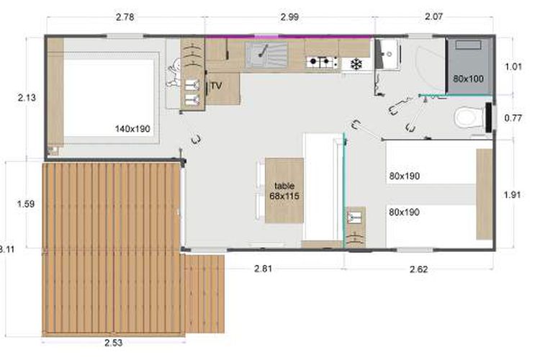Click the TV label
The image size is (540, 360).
tap(216, 86)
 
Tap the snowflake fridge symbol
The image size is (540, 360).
tap(356, 64)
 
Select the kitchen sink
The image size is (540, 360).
tap(266, 55)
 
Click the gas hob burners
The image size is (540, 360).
tap(323, 62)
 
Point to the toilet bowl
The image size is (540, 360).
tap(469, 117)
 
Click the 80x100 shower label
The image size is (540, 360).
tap(469, 78)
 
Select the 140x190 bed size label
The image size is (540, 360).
tap(132, 129)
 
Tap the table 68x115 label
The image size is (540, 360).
tap(284, 191)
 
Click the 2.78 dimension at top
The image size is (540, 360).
tap(125, 17)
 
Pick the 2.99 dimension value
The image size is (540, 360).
tap(289, 17)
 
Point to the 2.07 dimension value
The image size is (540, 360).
tap(433, 16)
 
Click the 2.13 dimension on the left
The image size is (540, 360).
tap(27, 98)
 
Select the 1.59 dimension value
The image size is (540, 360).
tap(26, 204)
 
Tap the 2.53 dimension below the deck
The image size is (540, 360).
tap(114, 343)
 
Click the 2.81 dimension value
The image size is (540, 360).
tap(263, 269)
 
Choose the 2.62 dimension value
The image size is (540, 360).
tap(419, 269)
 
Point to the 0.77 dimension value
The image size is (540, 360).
tap(513, 118)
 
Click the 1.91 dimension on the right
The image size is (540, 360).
tap(513, 194)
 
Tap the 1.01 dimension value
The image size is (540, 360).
tap(513, 66)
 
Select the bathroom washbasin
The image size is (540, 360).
tap(388, 55)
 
